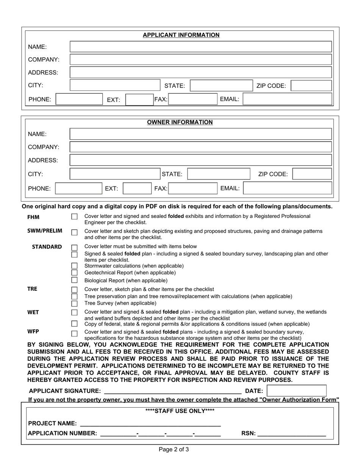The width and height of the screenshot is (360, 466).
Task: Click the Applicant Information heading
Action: click(x=181, y=35)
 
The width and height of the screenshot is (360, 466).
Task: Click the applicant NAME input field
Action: click(x=201, y=47)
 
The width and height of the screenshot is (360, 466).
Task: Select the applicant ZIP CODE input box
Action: click(x=311, y=86)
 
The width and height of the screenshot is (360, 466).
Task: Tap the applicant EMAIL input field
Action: click(x=288, y=99)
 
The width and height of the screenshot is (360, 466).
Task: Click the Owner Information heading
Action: click(x=180, y=122)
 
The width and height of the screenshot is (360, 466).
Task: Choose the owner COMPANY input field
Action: click(x=201, y=147)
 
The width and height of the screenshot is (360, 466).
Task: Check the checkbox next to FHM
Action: click(x=75, y=217)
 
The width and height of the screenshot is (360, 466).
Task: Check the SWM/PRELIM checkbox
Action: click(x=75, y=232)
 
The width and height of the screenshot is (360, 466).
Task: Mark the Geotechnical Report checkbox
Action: click(x=75, y=273)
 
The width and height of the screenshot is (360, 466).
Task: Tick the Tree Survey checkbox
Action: click(x=75, y=303)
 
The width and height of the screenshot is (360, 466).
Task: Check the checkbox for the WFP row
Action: click(x=75, y=334)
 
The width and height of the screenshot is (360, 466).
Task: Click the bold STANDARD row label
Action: click(x=47, y=247)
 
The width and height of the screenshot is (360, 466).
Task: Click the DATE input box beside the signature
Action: click(x=296, y=391)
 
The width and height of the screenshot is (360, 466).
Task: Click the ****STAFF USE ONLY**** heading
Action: click(x=180, y=411)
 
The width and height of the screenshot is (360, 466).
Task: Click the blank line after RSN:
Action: click(x=291, y=434)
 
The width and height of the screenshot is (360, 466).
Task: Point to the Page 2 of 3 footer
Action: click(x=174, y=450)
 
